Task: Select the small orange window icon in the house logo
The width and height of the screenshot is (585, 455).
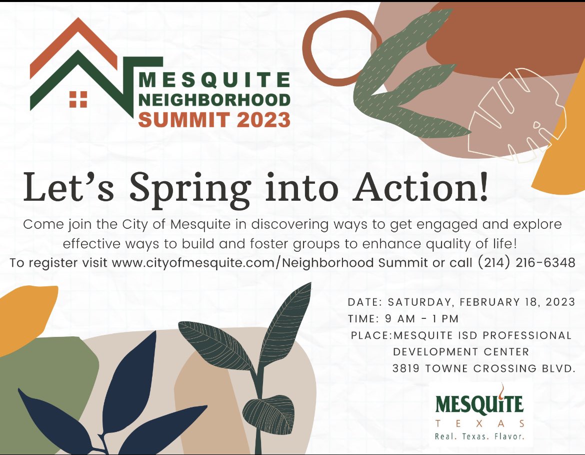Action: click(78, 99)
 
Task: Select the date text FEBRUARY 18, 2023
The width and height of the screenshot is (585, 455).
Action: click(520, 302)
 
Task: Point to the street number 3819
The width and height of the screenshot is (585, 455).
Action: click(406, 368)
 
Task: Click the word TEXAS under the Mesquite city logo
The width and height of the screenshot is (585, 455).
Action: click(479, 423)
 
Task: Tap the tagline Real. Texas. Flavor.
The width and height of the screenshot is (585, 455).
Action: click(479, 436)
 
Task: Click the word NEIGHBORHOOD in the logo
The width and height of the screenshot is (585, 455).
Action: click(214, 100)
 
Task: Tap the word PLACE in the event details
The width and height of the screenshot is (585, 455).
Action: click(369, 335)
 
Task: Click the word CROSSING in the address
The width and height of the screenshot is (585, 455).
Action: click(503, 368)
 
